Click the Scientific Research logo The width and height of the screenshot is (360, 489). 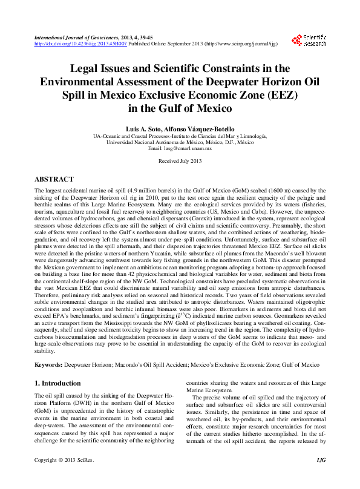309,41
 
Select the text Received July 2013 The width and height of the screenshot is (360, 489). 180,162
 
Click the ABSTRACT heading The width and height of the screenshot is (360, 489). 54,180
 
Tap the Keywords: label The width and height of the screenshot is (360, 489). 48,365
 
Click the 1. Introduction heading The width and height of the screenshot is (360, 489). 57,383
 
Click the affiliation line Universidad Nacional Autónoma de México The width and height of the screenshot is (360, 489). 163,143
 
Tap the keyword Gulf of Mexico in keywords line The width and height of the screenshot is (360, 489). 299,365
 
